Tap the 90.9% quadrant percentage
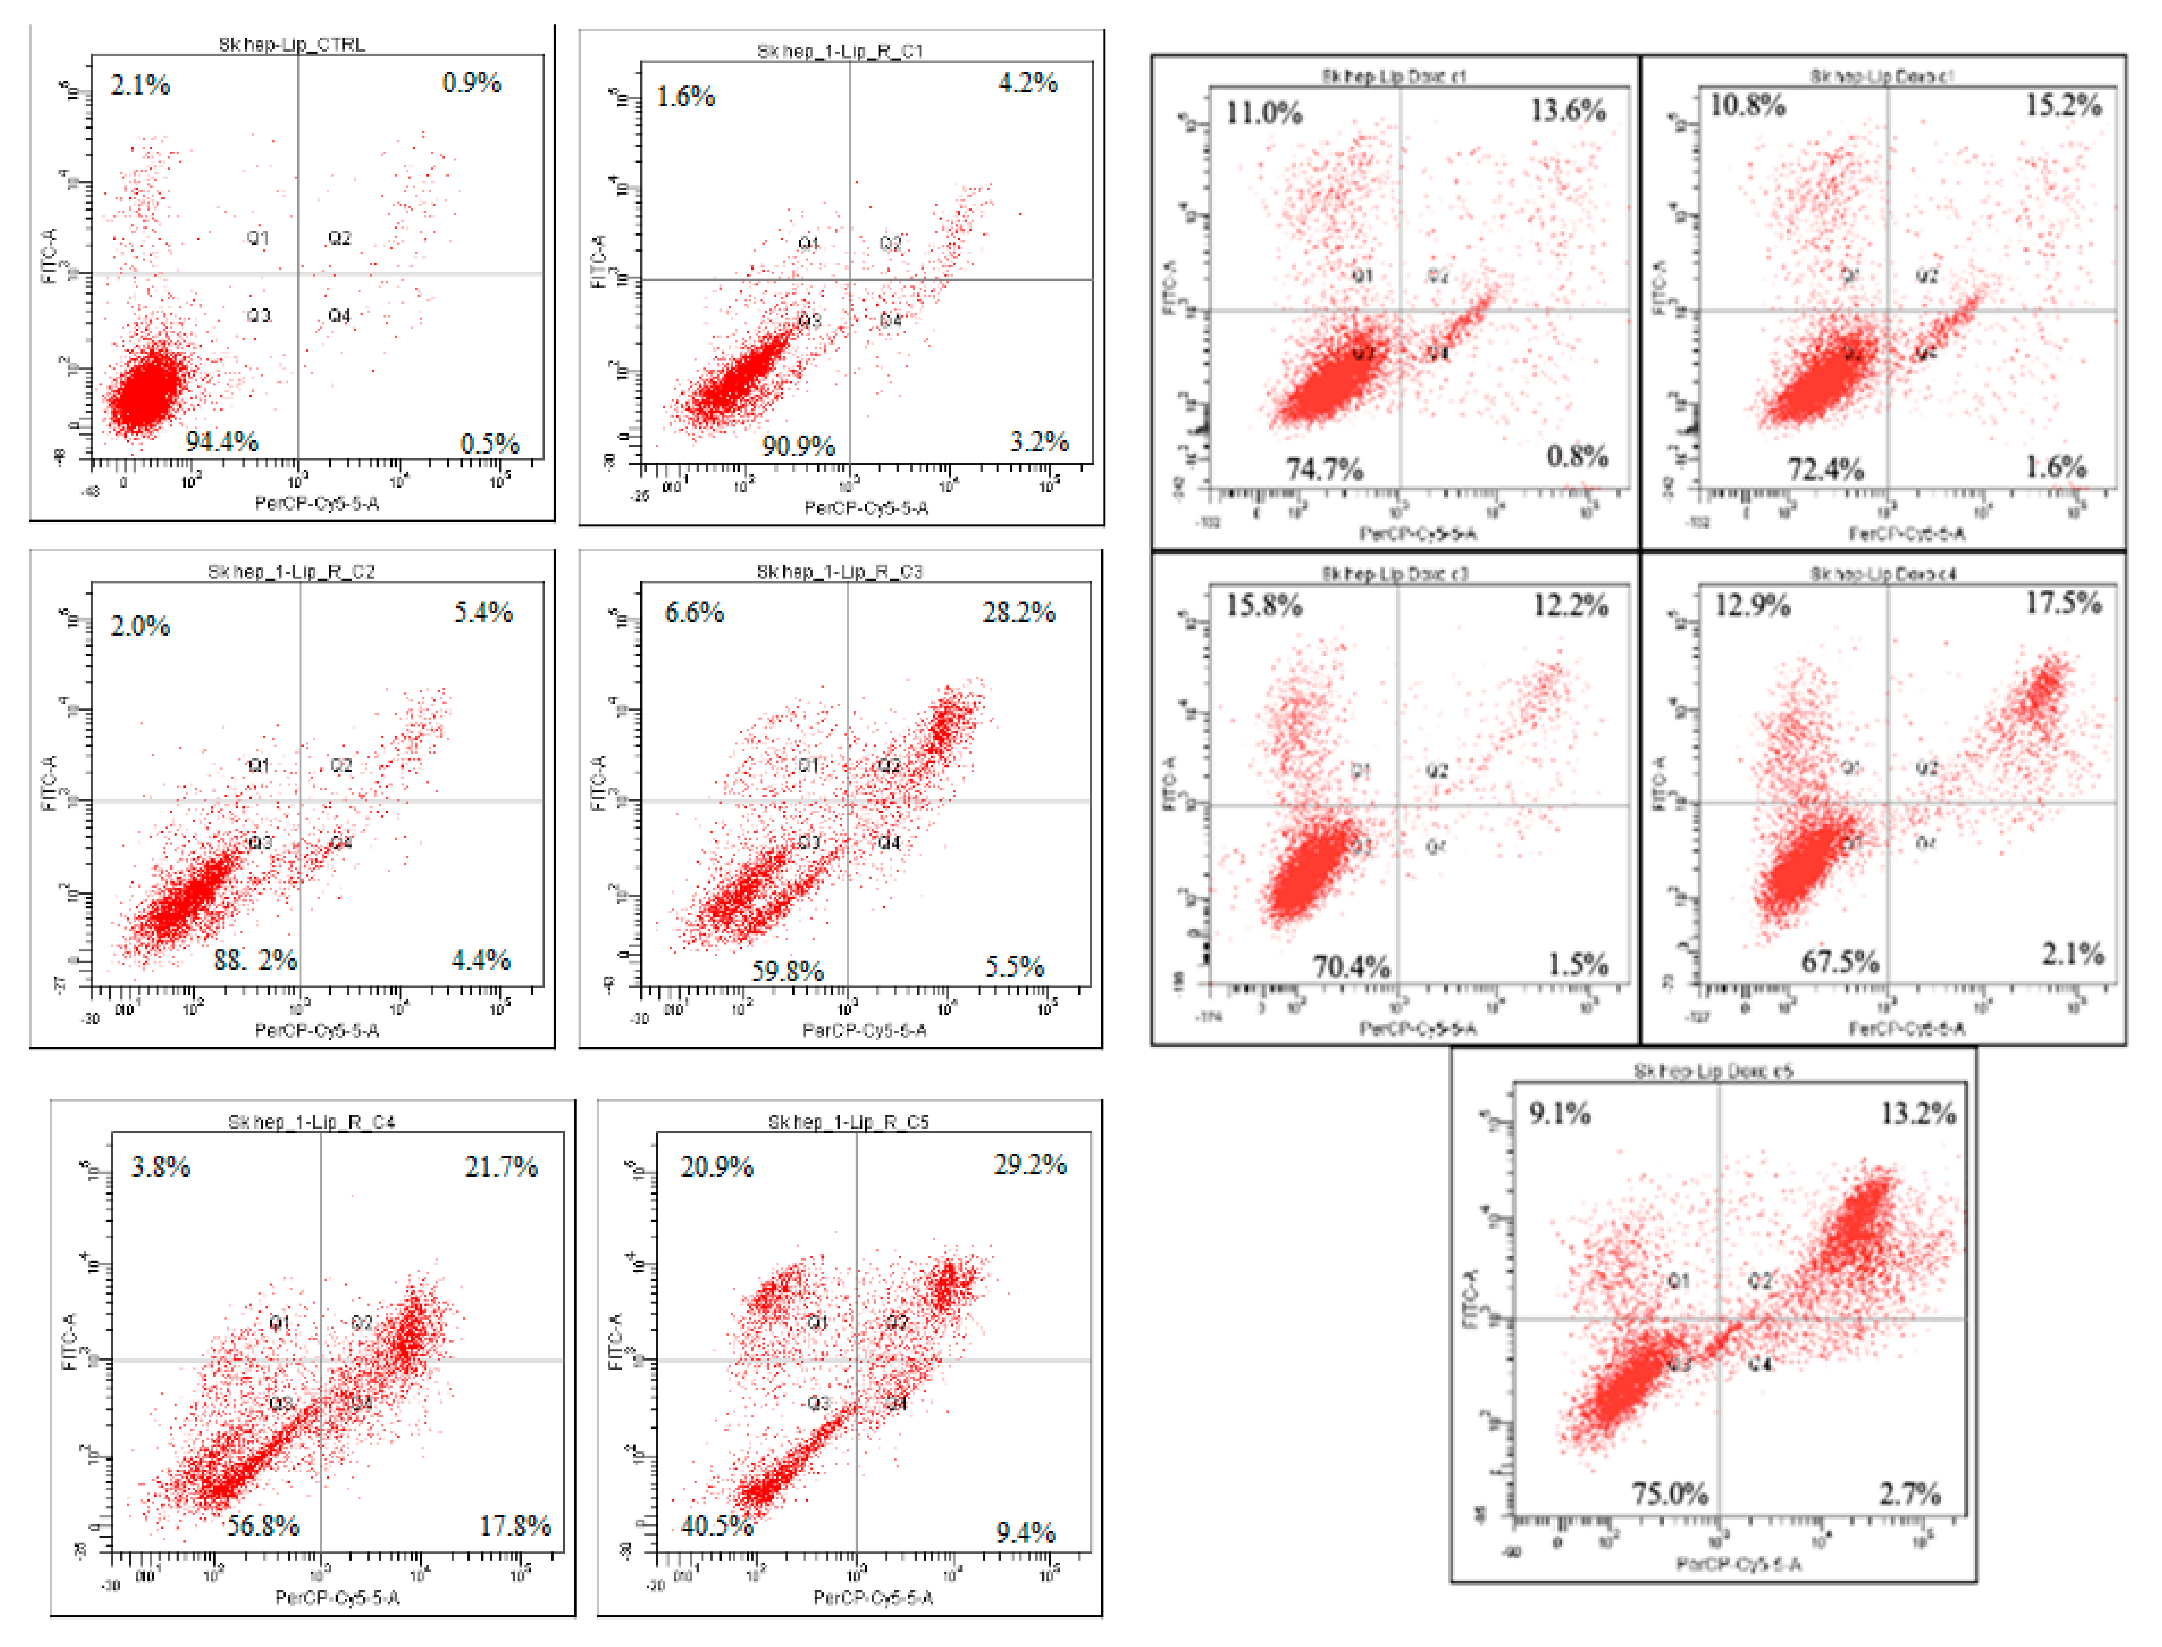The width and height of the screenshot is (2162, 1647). click(x=799, y=447)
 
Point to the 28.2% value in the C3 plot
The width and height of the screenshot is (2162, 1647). click(x=1018, y=613)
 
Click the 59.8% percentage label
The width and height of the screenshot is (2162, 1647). click(x=787, y=970)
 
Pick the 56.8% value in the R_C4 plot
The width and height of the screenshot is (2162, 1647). click(x=262, y=1526)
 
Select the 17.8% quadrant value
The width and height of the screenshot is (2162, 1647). click(x=515, y=1526)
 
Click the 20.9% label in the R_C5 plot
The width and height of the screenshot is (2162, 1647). click(x=717, y=1166)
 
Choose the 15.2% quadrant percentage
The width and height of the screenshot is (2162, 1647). click(x=2063, y=105)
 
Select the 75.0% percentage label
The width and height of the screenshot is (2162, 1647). click(x=1669, y=1494)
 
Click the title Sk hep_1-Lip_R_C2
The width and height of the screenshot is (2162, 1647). click(x=291, y=572)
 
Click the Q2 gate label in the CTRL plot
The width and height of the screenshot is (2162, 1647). click(x=339, y=238)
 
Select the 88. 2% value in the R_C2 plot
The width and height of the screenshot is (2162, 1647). click(x=255, y=960)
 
